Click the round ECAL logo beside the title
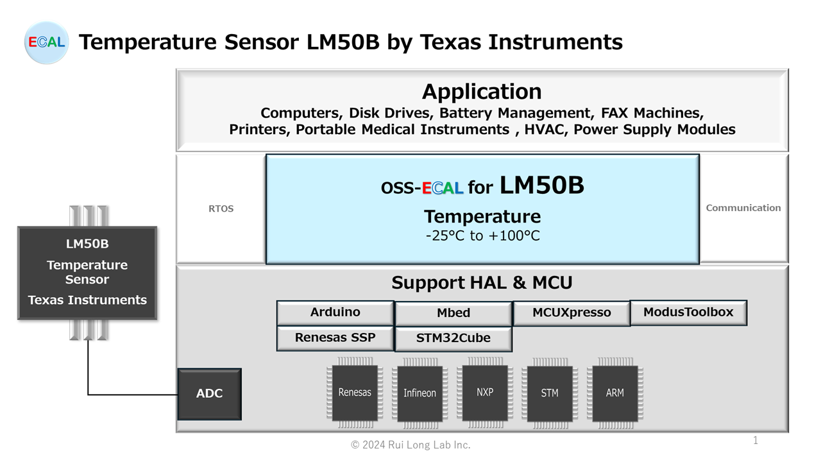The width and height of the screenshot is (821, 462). [46, 42]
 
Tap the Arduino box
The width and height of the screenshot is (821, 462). [335, 312]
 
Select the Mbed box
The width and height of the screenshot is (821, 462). [453, 314]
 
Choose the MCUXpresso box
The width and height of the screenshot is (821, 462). [571, 313]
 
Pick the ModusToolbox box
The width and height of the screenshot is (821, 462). [688, 312]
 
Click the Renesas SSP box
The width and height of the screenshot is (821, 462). [335, 338]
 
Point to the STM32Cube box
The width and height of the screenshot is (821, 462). [453, 338]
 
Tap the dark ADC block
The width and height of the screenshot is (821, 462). [209, 394]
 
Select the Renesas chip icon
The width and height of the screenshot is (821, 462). [355, 393]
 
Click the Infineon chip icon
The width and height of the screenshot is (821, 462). [419, 393]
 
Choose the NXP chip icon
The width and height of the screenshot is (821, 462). [485, 393]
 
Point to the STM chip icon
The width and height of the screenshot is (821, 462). [550, 393]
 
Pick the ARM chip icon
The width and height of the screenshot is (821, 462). [614, 393]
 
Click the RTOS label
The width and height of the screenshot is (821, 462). [221, 209]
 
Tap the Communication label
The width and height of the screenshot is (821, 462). [743, 208]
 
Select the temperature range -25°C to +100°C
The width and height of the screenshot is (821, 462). [483, 235]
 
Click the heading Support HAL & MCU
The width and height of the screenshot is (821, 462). [482, 283]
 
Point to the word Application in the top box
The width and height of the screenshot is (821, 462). [482, 91]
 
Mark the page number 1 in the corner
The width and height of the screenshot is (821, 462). [756, 440]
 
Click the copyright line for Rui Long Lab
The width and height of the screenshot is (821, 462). [410, 445]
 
